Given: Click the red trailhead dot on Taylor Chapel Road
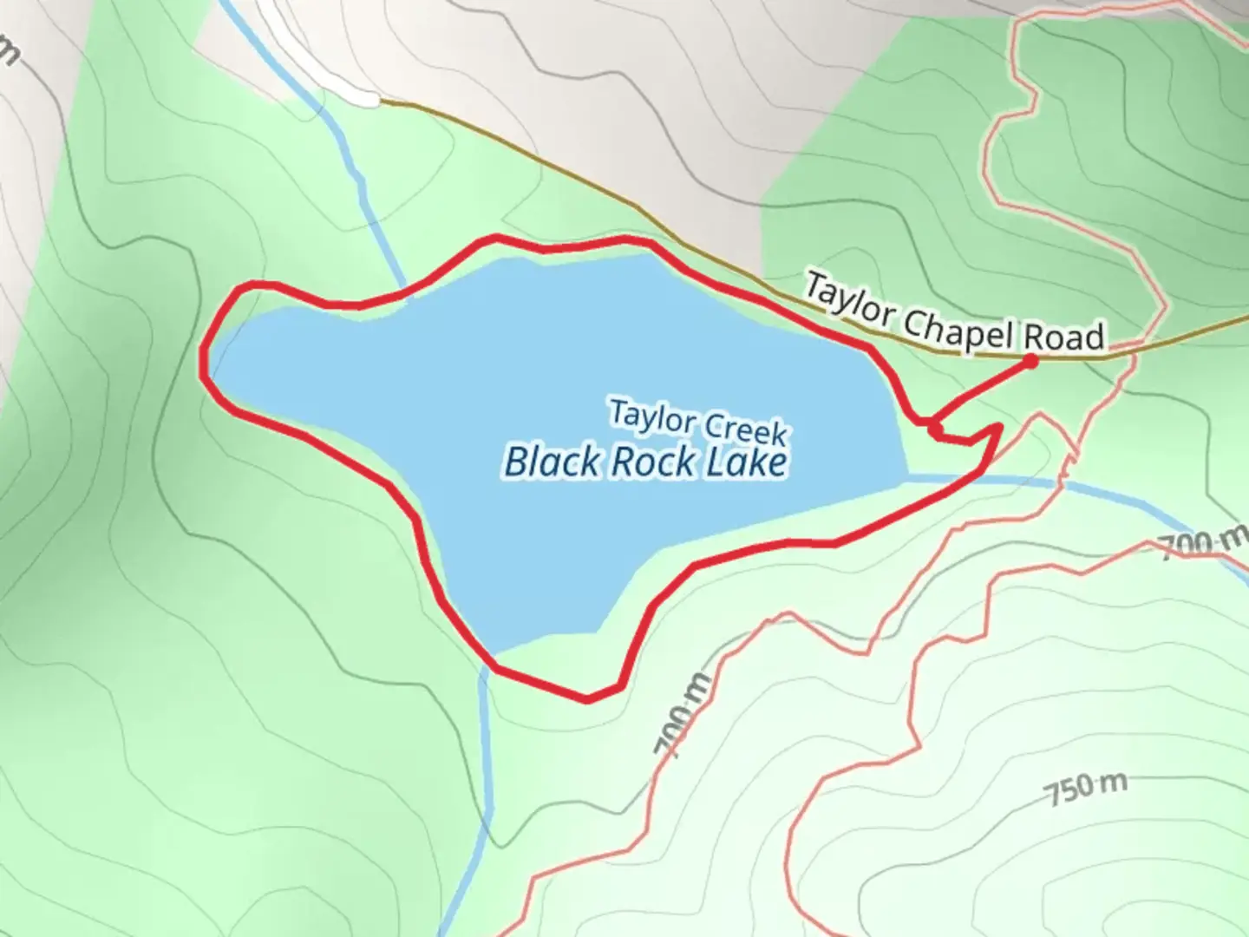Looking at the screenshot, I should tap(1030, 361).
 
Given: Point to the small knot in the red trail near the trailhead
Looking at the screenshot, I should tap(935, 429).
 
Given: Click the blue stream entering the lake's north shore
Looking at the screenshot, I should tap(382, 234).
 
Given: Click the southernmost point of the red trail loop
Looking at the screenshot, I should tap(587, 699).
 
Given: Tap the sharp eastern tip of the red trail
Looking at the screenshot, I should tap(999, 427).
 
